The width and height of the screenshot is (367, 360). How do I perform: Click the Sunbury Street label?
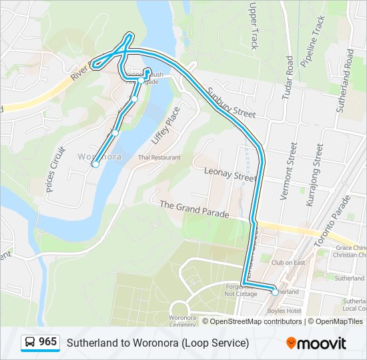231,102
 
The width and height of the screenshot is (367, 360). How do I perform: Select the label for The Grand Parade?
194,209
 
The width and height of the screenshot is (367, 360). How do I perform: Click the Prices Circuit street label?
56,169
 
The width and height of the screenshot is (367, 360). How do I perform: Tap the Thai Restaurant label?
159,157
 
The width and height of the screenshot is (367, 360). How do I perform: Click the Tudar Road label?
288,78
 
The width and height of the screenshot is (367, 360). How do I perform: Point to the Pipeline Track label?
312,41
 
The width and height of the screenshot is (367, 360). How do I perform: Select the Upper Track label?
253,25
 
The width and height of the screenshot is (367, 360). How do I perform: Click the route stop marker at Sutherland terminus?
275,292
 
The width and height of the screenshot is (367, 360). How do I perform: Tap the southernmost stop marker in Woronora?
95,163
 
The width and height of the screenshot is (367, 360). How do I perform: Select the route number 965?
48,342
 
